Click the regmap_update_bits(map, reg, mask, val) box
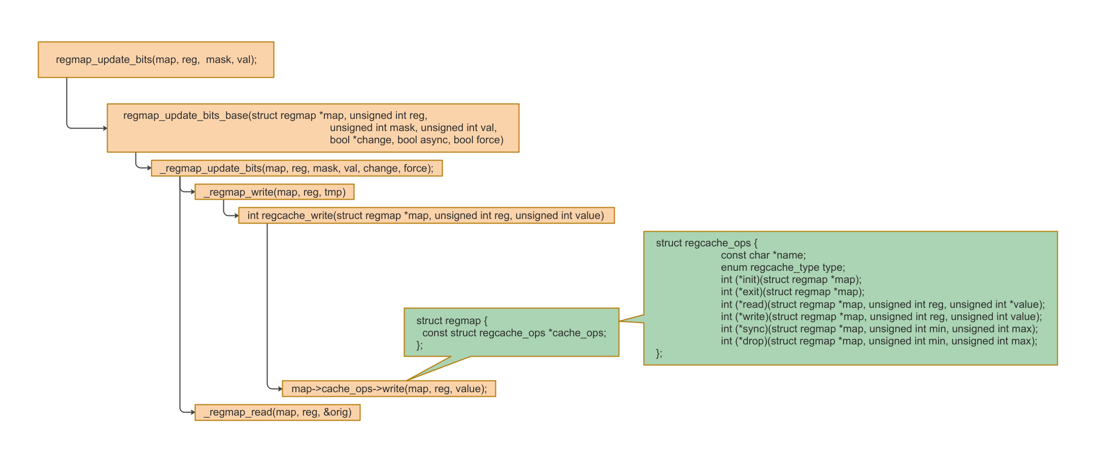pyautogui.click(x=156, y=59)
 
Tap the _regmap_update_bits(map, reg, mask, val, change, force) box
pyautogui.click(x=296, y=168)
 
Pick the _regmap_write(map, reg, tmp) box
pyautogui.click(x=274, y=192)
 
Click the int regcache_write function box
pyautogui.click(x=426, y=215)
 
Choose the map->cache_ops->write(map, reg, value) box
pyautogui.click(x=389, y=389)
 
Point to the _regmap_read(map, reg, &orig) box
pyautogui.click(x=277, y=412)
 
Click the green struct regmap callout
pyautogui.click(x=511, y=333)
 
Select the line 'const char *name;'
pyautogui.click(x=763, y=255)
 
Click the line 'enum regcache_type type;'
pyautogui.click(x=783, y=267)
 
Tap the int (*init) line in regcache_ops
pyautogui.click(x=791, y=279)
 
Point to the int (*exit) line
pyautogui.click(x=792, y=292)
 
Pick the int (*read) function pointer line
pyautogui.click(x=883, y=304)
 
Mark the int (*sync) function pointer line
pyautogui.click(x=879, y=329)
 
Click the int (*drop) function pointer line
pyautogui.click(x=879, y=341)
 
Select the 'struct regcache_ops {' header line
pyautogui.click(x=706, y=243)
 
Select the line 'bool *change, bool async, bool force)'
pyautogui.click(x=416, y=140)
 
